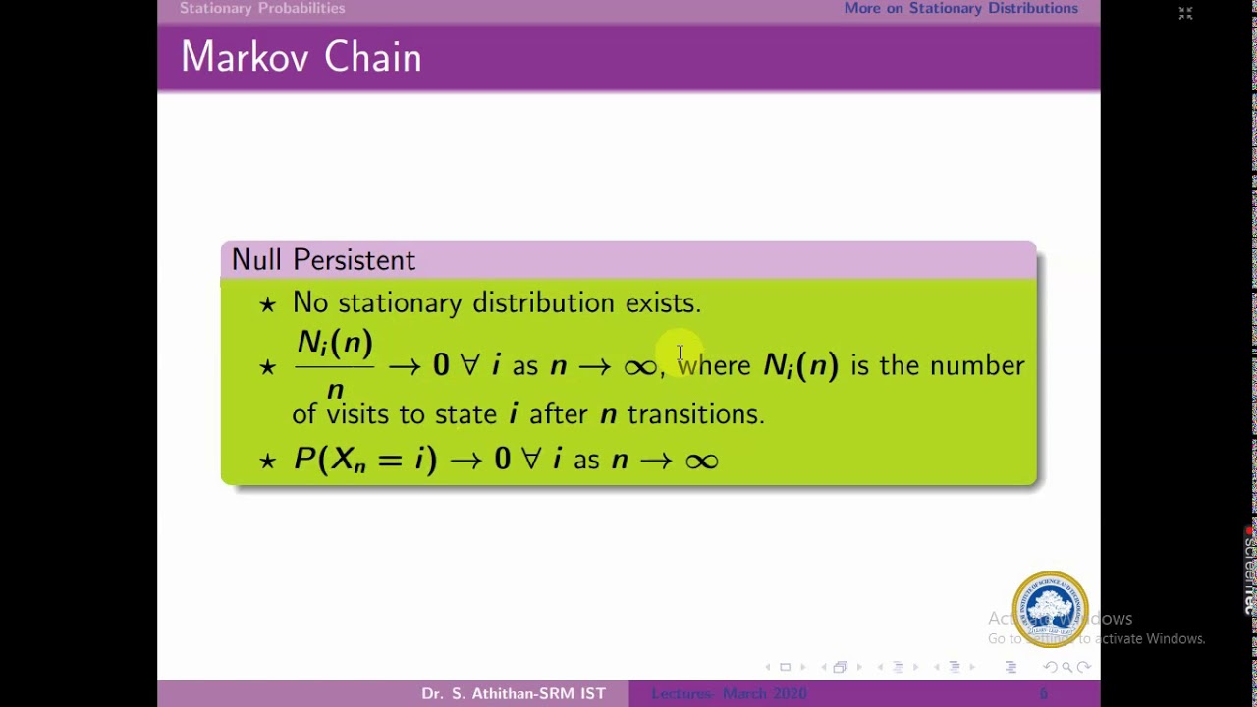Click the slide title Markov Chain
pyautogui.click(x=301, y=58)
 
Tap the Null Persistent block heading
pyautogui.click(x=323, y=260)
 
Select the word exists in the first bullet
pyautogui.click(x=663, y=303)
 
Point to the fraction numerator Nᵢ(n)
pyautogui.click(x=335, y=344)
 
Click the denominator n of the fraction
pyautogui.click(x=335, y=389)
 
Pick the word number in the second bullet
pyautogui.click(x=977, y=365)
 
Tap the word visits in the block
pyautogui.click(x=357, y=414)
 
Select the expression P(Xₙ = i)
pyautogui.click(x=364, y=460)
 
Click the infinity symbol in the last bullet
pyautogui.click(x=701, y=460)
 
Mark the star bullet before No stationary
pyautogui.click(x=267, y=304)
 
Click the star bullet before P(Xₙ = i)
pyautogui.click(x=267, y=461)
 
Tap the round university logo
pyautogui.click(x=1050, y=609)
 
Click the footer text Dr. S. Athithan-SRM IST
pyautogui.click(x=514, y=694)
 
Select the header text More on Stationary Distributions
pyautogui.click(x=960, y=9)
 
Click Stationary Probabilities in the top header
pyautogui.click(x=262, y=9)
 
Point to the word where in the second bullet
pyautogui.click(x=714, y=365)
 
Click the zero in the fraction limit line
pyautogui.click(x=441, y=365)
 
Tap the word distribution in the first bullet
pyautogui.click(x=543, y=303)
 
